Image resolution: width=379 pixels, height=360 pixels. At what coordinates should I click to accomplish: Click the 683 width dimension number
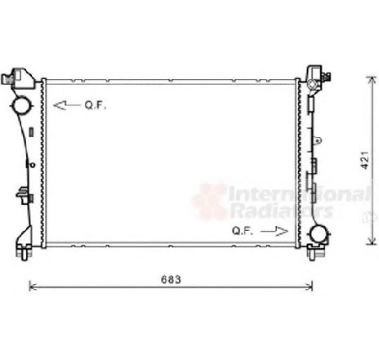coord(171,279)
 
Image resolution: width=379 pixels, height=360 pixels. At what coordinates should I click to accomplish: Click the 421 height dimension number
coord(365,160)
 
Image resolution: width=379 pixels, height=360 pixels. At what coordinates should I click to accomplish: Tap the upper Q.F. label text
coord(95,105)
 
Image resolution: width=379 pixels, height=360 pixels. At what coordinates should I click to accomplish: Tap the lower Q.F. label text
coord(243,231)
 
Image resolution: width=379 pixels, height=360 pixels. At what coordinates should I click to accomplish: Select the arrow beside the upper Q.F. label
coord(67,105)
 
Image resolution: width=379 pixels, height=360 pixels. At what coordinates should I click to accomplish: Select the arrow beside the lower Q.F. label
coord(274,231)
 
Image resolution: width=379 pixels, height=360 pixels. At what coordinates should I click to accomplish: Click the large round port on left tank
coord(21,105)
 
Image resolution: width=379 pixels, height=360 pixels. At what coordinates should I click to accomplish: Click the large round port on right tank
coord(319,233)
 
